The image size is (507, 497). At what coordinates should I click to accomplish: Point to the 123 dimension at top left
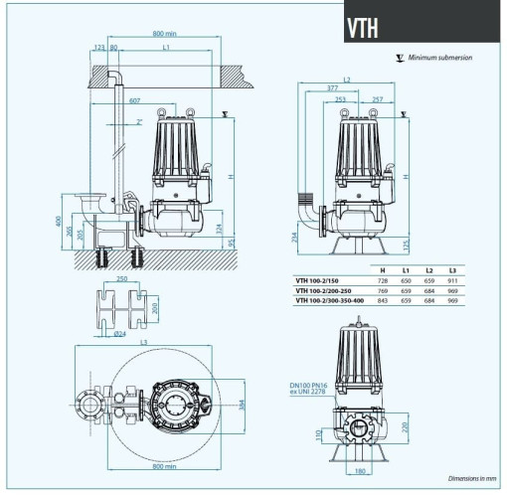(98, 47)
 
